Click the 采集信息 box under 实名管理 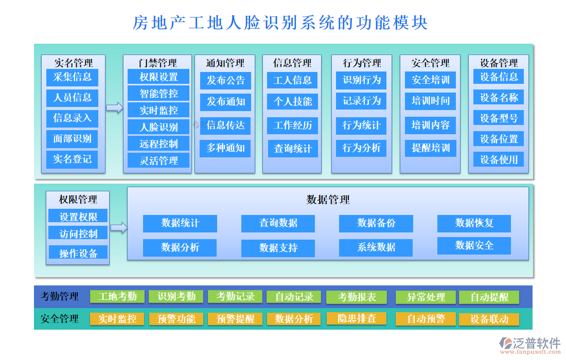[72, 77]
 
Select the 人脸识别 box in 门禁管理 [158, 127]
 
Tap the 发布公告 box [225, 81]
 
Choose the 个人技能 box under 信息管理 [292, 101]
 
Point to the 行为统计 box [362, 125]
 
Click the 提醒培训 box [431, 148]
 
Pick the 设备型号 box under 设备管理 [499, 118]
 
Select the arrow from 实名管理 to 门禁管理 [115, 107]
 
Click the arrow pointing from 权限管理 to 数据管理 [118, 227]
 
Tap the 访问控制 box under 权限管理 [78, 233]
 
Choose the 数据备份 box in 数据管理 [376, 223]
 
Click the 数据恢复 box [474, 223]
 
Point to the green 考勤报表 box [357, 297]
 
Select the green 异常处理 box [426, 297]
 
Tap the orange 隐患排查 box [357, 319]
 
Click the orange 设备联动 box [489, 319]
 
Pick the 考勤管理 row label [60, 297]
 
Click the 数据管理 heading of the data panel [328, 200]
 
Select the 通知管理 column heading [225, 63]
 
